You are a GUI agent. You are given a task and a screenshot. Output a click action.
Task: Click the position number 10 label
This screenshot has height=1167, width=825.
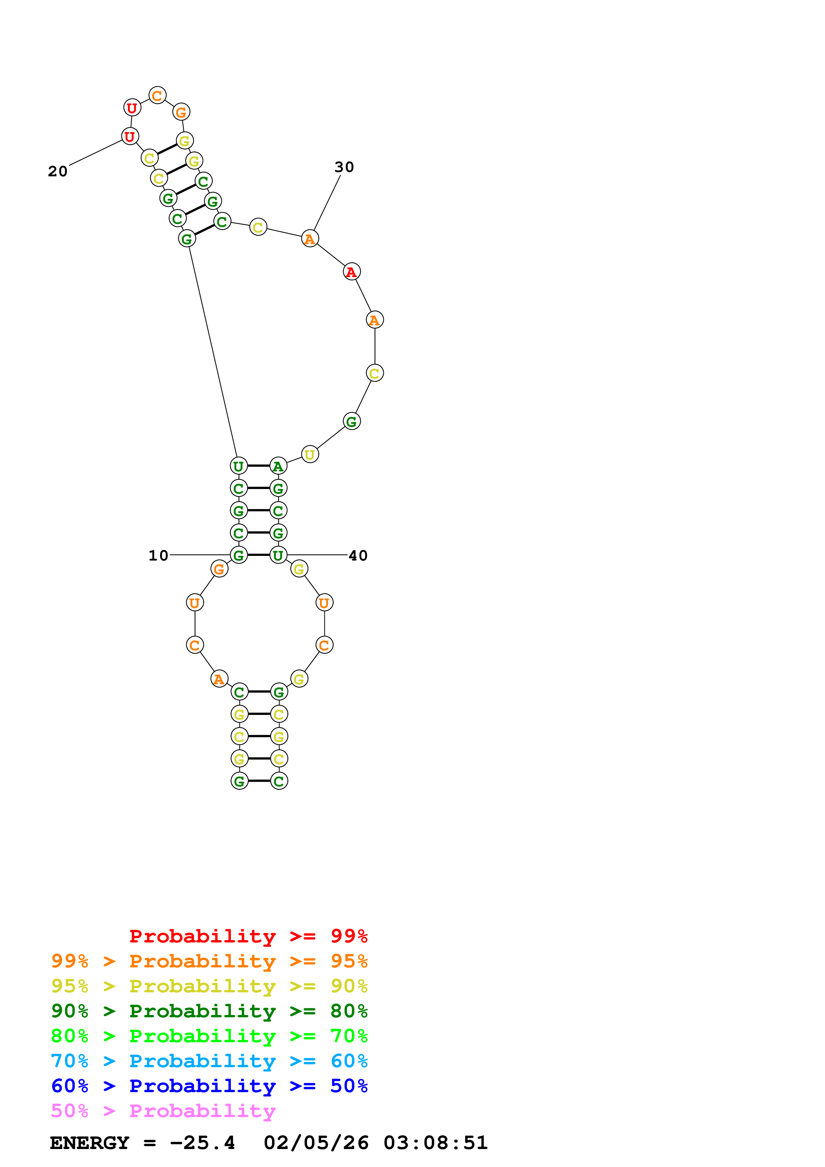click(158, 556)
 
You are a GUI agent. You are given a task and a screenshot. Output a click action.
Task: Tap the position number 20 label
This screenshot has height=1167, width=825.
click(58, 171)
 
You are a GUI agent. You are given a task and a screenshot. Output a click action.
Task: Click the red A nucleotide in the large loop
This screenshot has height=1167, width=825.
click(351, 272)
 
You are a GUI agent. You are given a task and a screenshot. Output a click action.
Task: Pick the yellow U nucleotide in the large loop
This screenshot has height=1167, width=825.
click(309, 454)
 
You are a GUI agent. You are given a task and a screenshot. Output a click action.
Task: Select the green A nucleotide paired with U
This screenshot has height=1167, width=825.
click(278, 466)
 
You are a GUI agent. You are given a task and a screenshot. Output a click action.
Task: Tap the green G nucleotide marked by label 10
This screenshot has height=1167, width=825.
click(238, 555)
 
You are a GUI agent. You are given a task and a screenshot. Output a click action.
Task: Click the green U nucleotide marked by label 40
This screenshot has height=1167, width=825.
click(278, 555)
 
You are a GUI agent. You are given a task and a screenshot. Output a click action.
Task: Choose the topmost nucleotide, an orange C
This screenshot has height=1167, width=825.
click(157, 95)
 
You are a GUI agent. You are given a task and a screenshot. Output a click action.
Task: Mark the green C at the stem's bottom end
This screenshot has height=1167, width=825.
click(279, 781)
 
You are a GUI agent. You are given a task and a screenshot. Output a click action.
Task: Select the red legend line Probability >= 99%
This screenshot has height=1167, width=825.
click(248, 936)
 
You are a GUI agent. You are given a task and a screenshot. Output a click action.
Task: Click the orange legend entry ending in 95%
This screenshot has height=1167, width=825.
click(209, 961)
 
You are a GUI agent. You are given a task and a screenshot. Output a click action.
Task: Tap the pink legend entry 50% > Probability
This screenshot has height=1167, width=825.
click(163, 1110)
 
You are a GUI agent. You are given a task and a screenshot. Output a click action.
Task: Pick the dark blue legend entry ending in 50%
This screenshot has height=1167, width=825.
click(209, 1086)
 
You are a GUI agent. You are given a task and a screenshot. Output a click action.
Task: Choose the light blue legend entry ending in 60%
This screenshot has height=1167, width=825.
click(209, 1061)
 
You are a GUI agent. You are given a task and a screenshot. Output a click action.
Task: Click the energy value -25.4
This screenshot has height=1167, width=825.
click(202, 1143)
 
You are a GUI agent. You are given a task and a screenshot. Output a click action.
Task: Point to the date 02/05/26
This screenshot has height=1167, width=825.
click(316, 1143)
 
